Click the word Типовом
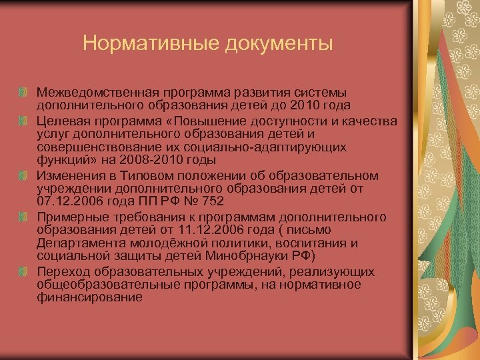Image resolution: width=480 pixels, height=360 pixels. [142, 175]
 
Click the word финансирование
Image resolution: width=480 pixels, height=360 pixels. [90, 297]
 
